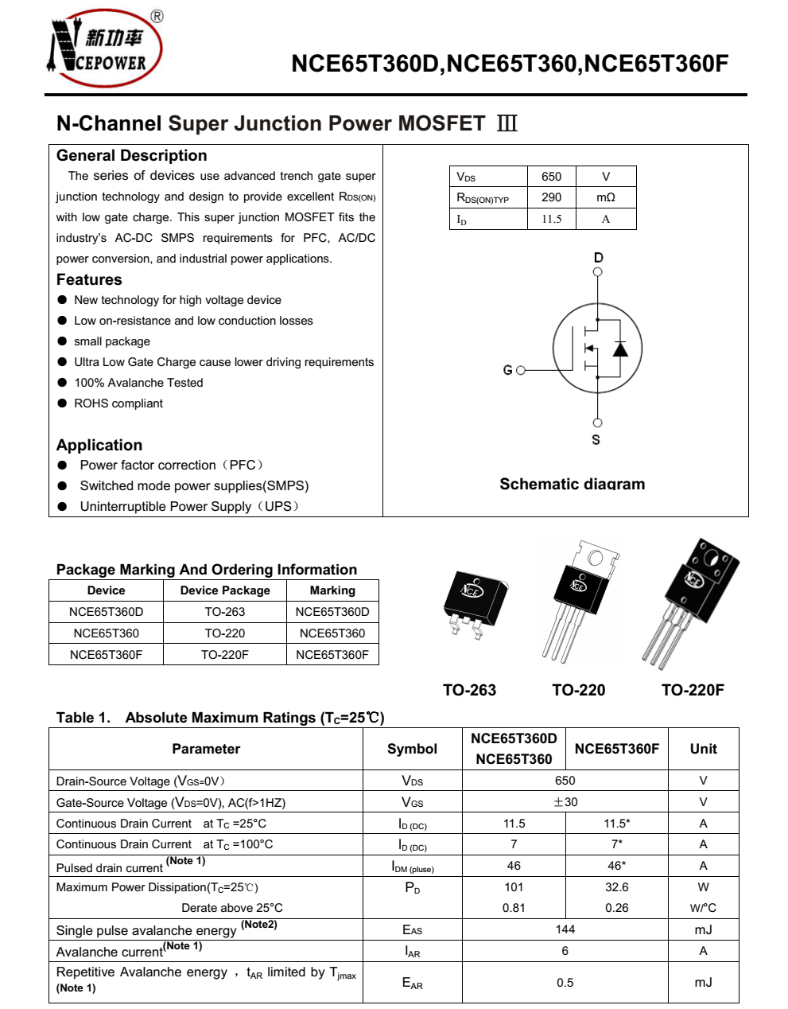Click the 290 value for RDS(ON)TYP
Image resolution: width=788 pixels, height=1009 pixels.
551,197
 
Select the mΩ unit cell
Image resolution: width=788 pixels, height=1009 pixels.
605,197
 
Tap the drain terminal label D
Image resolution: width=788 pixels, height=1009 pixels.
598,257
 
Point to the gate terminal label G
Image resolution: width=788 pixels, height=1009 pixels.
507,370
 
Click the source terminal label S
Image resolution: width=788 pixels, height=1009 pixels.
596,439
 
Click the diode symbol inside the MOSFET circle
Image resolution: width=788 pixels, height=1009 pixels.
619,349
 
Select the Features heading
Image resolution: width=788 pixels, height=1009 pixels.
89,279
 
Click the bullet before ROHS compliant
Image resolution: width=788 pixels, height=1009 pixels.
62,403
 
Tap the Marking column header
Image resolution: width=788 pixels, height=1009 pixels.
332,590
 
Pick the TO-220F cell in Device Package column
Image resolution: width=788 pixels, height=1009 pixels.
224,655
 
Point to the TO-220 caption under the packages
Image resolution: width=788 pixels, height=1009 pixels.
578,690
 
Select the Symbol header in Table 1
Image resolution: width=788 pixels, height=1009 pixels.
412,749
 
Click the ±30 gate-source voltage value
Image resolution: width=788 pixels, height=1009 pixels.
565,802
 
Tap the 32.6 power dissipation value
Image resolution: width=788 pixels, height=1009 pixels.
616,886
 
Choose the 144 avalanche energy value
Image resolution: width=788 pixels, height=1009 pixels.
565,929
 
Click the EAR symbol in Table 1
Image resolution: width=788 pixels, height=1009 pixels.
412,983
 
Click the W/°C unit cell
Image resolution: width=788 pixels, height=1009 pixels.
703,908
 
